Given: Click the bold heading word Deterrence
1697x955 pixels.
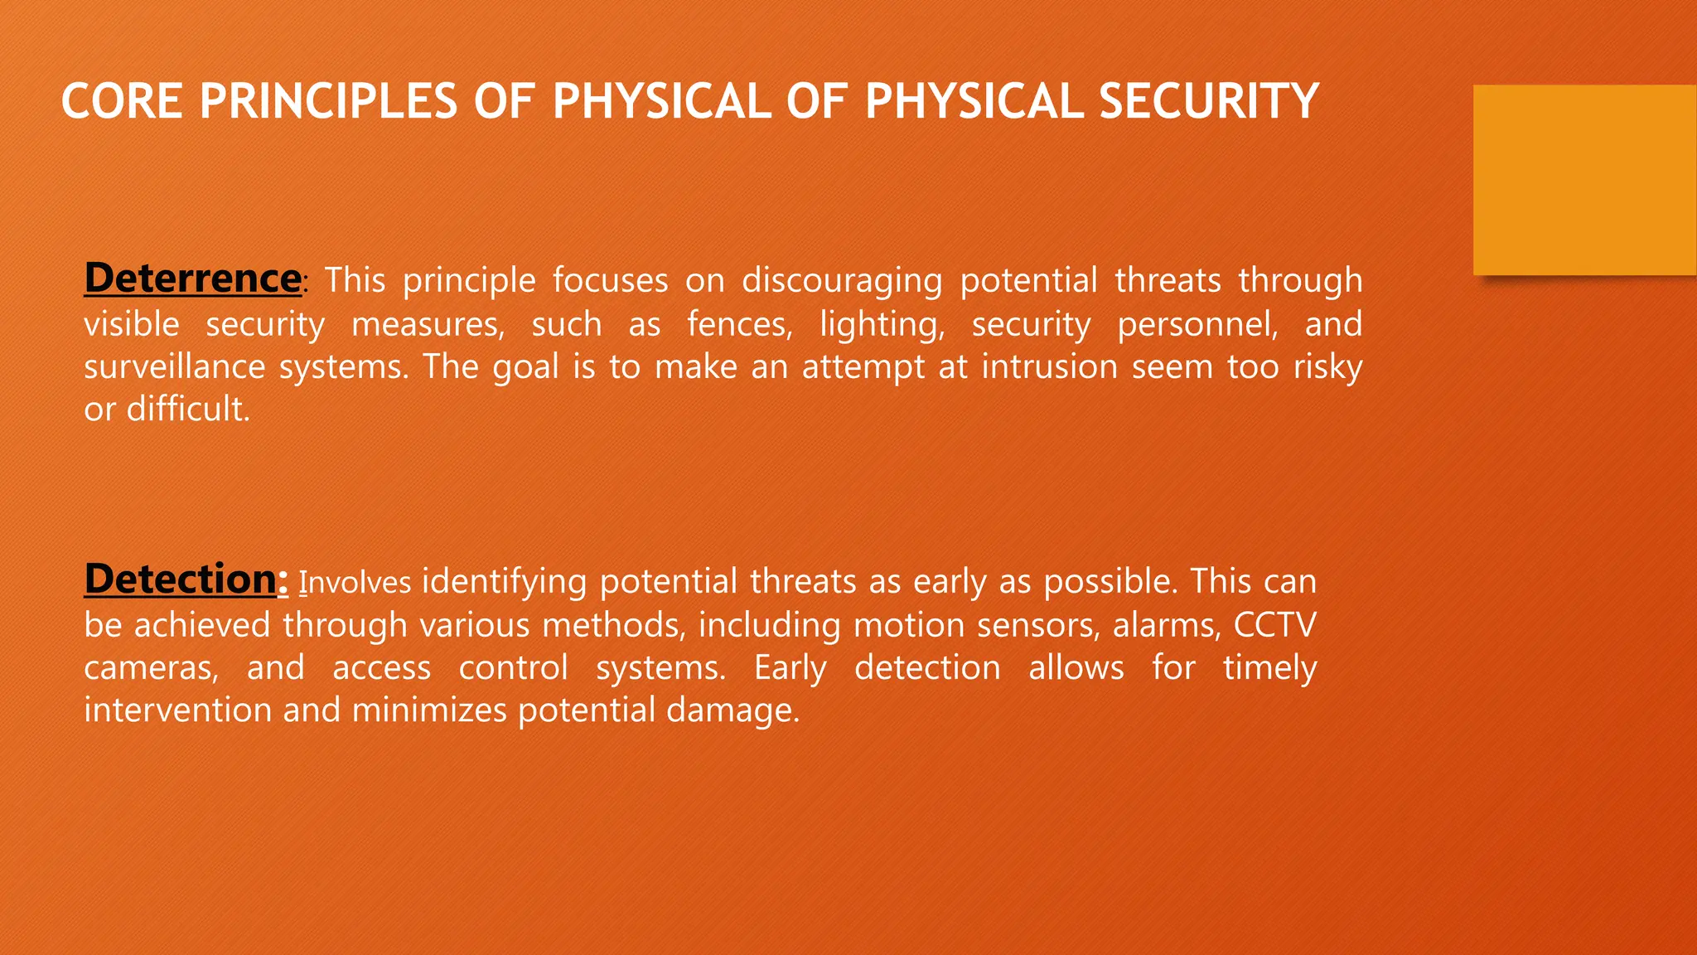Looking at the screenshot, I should pos(192,278).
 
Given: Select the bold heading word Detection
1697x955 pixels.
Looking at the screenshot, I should pos(180,579).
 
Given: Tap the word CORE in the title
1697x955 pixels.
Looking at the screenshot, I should pos(122,102).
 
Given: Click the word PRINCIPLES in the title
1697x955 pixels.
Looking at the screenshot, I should pos(328,102).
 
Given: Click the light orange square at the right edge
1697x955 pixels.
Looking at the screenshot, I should pos(1584,180).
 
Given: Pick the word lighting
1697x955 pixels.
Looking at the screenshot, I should pos(882,324).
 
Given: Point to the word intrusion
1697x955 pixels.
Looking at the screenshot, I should pos(1049,366).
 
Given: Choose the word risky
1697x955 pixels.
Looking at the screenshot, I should pos(1327,367).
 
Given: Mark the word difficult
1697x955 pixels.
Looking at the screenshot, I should pos(187,409).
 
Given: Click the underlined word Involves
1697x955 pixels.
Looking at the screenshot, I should pos(355,583).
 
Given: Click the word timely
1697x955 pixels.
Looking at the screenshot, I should pos(1269,668).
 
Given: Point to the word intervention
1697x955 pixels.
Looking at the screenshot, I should pos(177,710).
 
